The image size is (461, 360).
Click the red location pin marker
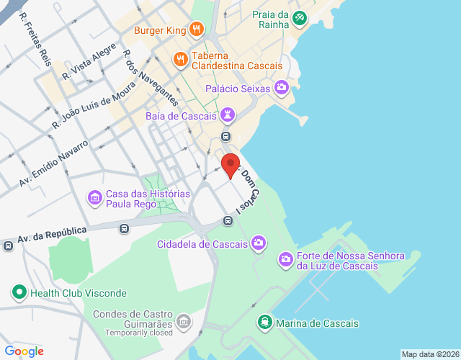coord(230,165)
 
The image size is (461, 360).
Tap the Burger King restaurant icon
coord(196,30)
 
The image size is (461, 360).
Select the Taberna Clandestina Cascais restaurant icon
coord(181,59)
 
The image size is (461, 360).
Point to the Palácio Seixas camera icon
coord(281,89)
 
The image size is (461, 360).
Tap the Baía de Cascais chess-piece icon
coord(228,115)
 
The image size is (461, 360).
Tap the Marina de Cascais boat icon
coord(265,323)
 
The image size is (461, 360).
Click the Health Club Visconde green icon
coord(18,293)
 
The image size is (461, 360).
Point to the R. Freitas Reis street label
coord(35,39)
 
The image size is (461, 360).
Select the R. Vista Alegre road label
coord(89,62)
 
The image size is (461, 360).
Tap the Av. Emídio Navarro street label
coord(53,163)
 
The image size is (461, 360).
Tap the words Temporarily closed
coord(139,333)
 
